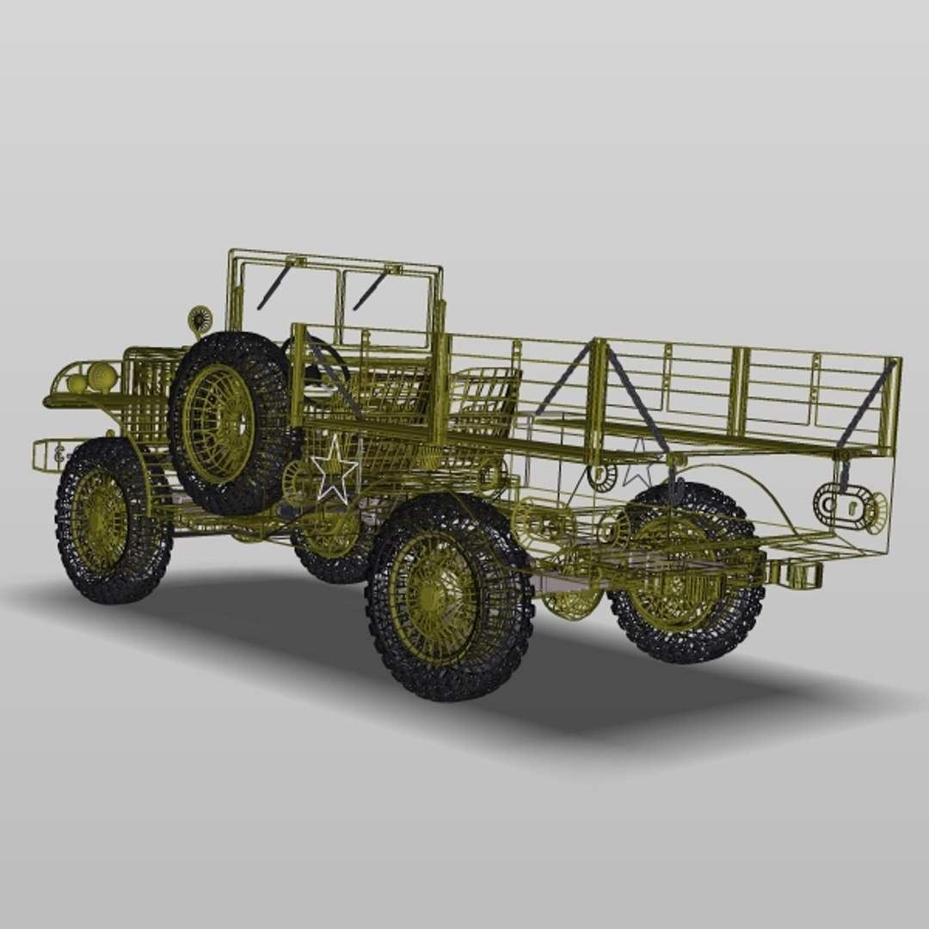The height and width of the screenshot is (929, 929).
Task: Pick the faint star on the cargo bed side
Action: pos(637,464)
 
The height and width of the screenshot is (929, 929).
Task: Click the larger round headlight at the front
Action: pos(102,377)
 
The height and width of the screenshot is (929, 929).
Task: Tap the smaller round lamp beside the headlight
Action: pos(77,383)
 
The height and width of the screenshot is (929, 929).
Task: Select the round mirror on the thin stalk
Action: pos(200,320)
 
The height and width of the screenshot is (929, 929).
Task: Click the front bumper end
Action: pos(48,454)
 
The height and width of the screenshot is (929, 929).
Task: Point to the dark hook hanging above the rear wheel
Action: pos(675,489)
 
